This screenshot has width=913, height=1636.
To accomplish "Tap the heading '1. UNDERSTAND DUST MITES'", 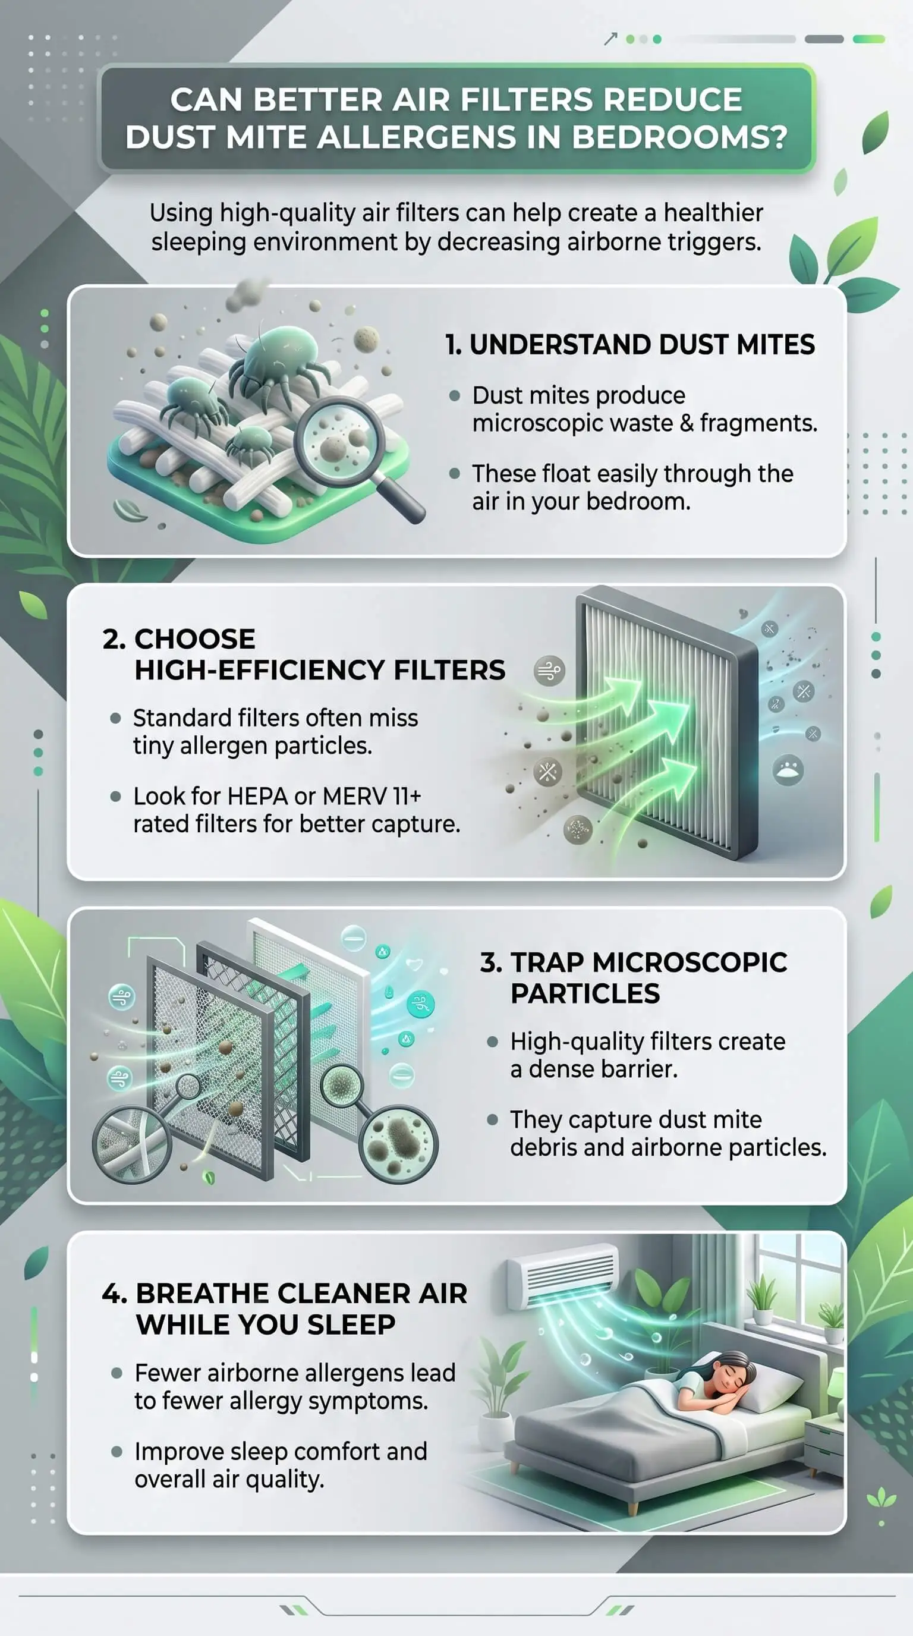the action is [630, 344].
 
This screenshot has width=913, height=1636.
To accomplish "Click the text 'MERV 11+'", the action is [372, 796].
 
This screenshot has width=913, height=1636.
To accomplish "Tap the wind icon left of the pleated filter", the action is [549, 671].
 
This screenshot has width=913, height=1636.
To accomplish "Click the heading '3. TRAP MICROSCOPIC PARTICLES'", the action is [634, 977].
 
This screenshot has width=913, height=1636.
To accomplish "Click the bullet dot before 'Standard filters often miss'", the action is [115, 718].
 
